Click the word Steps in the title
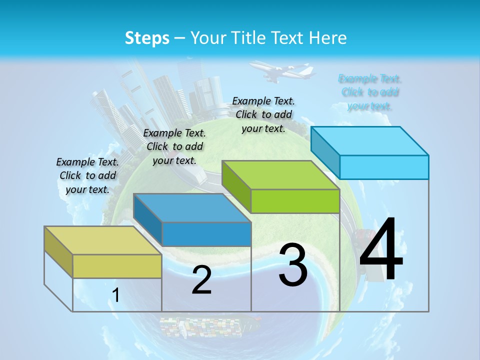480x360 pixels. (x=147, y=38)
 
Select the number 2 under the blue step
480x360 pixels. (x=201, y=280)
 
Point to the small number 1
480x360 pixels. (x=115, y=295)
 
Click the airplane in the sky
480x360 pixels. (x=280, y=71)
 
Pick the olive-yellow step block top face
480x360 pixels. (x=102, y=240)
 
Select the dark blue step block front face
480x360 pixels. (x=206, y=234)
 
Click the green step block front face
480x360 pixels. (x=295, y=201)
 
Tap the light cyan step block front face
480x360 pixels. (x=384, y=167)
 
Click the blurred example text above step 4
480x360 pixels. (x=370, y=92)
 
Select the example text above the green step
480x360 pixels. (x=263, y=114)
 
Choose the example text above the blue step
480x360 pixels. (x=174, y=146)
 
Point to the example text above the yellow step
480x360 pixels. (x=87, y=175)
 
